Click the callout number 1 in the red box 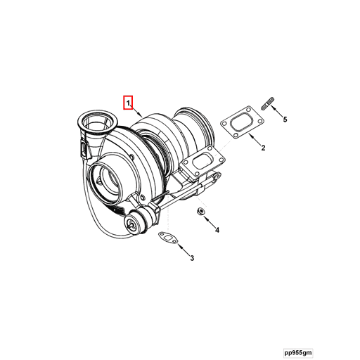128,103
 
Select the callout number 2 263,148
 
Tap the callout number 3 191,259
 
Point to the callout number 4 217,230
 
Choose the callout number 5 285,120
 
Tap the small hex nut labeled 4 200,212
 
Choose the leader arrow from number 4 209,221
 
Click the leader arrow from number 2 254,140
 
